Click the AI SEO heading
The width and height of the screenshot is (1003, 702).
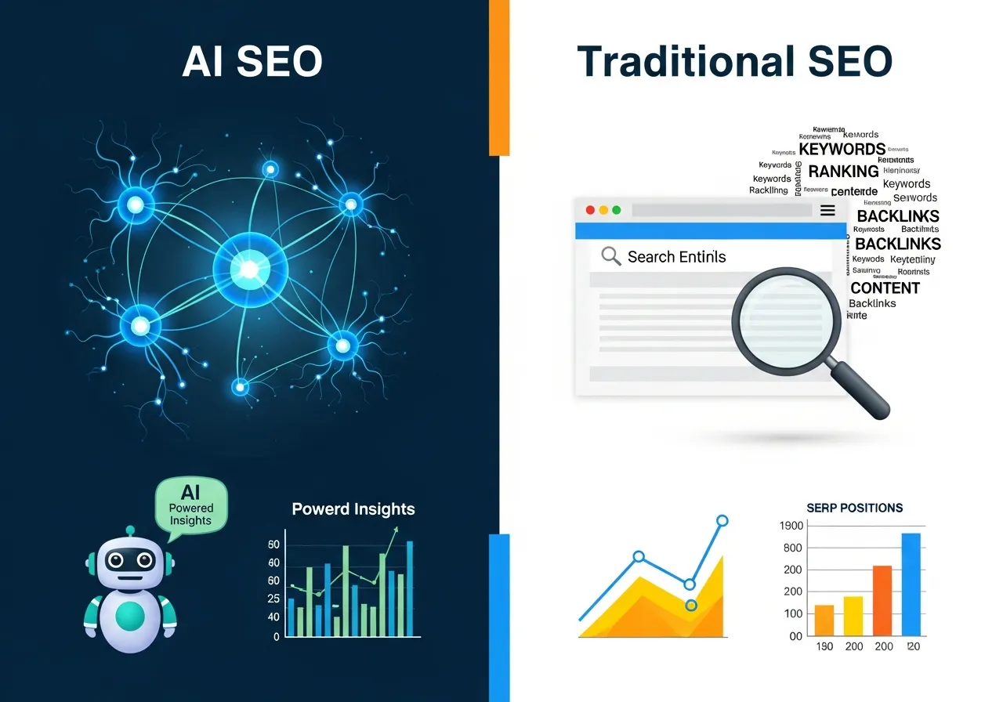tap(252, 61)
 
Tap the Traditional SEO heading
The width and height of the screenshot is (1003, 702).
tap(734, 61)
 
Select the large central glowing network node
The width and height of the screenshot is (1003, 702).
tap(250, 270)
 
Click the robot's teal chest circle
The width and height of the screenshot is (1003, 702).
tap(131, 616)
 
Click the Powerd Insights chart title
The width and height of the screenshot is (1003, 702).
tap(353, 509)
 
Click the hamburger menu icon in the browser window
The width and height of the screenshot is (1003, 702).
tap(827, 210)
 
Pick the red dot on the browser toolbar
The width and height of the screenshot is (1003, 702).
tap(590, 210)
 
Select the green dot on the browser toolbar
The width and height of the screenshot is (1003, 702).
tap(616, 210)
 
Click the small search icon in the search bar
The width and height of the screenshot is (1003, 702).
tap(610, 256)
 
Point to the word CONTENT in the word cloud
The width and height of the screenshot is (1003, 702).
tap(885, 288)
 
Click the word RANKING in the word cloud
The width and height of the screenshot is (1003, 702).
tap(843, 171)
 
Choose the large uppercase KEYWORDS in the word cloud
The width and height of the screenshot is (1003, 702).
tap(842, 149)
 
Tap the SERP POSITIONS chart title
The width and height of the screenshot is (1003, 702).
tap(854, 508)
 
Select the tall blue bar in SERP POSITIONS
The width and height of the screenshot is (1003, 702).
tap(911, 584)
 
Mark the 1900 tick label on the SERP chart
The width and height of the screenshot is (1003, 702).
tap(792, 526)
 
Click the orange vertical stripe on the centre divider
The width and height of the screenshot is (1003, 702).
tap(499, 78)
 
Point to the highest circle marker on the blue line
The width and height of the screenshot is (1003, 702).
tap(722, 520)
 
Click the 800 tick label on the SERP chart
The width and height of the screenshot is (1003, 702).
tap(793, 548)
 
